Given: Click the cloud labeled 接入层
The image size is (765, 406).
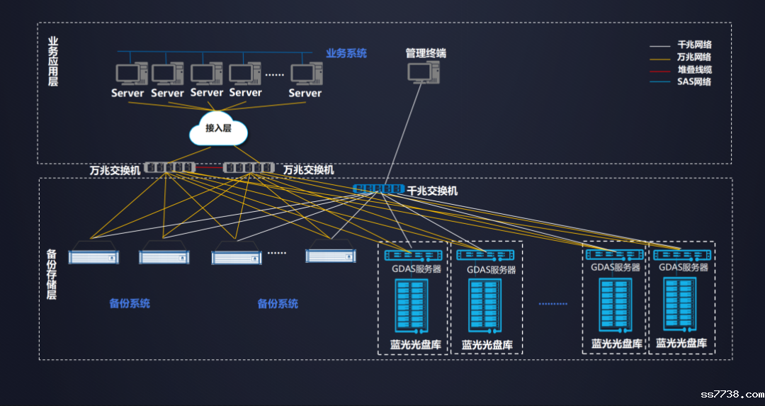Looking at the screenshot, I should pyautogui.click(x=218, y=128).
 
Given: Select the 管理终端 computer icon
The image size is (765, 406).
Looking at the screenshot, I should pyautogui.click(x=424, y=71).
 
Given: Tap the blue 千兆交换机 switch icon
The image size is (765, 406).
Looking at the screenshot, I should pyautogui.click(x=378, y=190).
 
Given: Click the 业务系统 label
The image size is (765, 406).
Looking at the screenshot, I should pyautogui.click(x=346, y=53).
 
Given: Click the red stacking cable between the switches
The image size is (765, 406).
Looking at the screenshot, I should pyautogui.click(x=209, y=168).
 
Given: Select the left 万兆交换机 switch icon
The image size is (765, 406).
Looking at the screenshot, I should pyautogui.click(x=169, y=168).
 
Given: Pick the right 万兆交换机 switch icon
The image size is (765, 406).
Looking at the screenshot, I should pyautogui.click(x=249, y=168).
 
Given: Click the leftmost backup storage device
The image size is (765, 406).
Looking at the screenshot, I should pyautogui.click(x=94, y=256).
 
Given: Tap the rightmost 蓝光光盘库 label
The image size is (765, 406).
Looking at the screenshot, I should pyautogui.click(x=681, y=343).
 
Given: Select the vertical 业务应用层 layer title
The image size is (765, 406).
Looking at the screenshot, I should pyautogui.click(x=52, y=62).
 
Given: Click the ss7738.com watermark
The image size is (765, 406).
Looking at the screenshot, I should pyautogui.click(x=732, y=394).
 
